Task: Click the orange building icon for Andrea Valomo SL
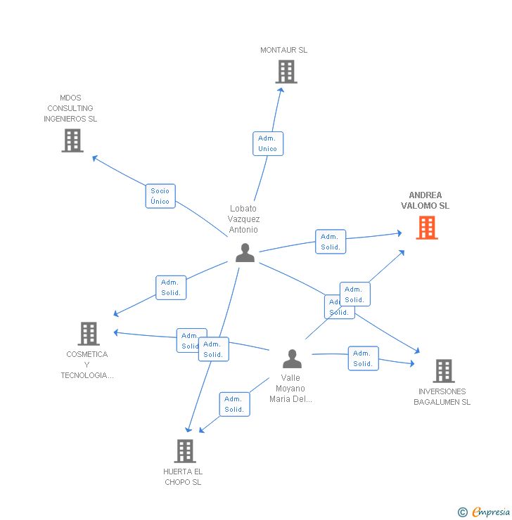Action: coord(427,228)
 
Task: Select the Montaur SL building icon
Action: coord(286,72)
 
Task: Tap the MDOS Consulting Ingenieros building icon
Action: coord(72,141)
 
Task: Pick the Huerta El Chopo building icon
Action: coord(184,451)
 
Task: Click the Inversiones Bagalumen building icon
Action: coord(443,370)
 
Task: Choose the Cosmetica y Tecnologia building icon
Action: coord(88,334)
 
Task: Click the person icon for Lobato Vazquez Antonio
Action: coord(245,252)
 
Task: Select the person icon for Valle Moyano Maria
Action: coord(292,359)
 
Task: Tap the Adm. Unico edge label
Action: coord(268,143)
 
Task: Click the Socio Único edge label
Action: coord(160,196)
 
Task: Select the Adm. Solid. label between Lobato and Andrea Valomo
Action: coord(331,242)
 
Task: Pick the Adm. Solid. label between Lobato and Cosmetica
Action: coord(171,287)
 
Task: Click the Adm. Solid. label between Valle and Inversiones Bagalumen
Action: coord(363,358)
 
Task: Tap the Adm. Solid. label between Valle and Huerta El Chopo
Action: coord(234,404)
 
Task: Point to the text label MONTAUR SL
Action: coord(283,50)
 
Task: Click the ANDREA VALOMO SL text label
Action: coord(425,200)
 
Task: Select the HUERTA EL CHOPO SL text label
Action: coord(183,476)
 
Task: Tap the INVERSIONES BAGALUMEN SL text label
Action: coord(442,396)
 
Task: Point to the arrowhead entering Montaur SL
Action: coord(281,89)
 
